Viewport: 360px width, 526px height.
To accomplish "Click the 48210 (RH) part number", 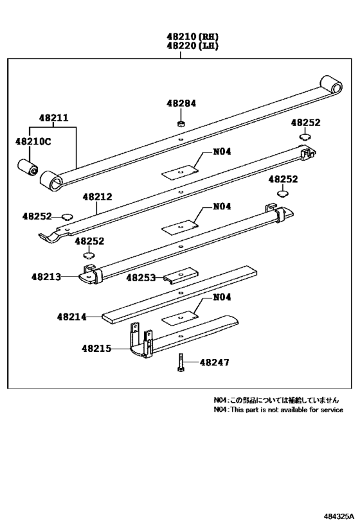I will pos(180,37).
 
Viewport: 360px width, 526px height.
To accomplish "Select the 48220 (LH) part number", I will pos(180,47).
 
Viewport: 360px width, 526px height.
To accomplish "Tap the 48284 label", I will pos(181,103).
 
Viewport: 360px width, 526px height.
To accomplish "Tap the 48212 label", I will pos(98,198).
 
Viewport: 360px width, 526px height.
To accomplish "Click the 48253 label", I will pos(141,277).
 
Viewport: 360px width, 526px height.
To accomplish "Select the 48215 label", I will pos(96,349).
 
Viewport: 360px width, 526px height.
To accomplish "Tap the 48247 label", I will pos(214,363).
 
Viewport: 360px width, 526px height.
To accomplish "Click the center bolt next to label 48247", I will pos(181,363).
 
